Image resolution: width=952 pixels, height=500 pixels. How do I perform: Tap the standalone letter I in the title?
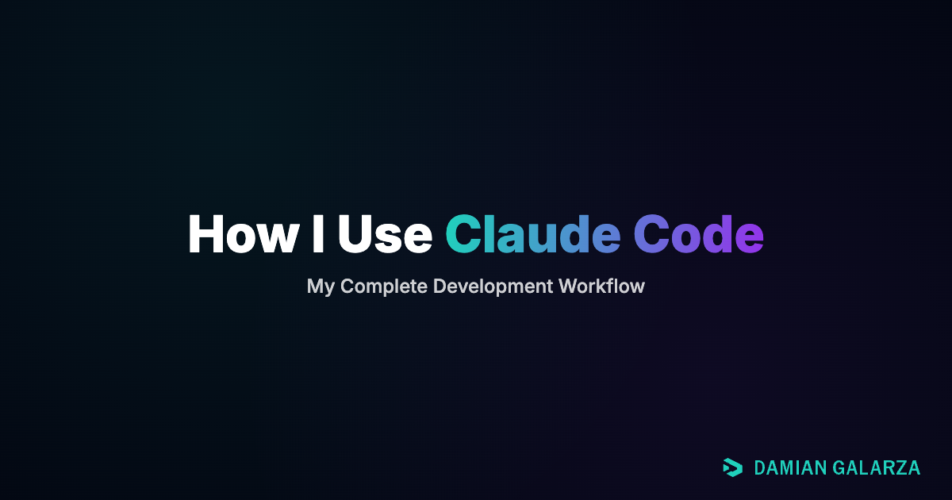317,234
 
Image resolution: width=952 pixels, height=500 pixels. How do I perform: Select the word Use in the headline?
384,234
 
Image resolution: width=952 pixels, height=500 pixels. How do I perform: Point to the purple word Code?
698,234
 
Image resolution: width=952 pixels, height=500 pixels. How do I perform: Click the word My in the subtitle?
321,287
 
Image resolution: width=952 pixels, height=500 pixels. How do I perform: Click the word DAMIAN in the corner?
789,468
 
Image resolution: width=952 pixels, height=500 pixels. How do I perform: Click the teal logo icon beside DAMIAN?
732,468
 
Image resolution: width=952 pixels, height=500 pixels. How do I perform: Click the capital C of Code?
653,234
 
